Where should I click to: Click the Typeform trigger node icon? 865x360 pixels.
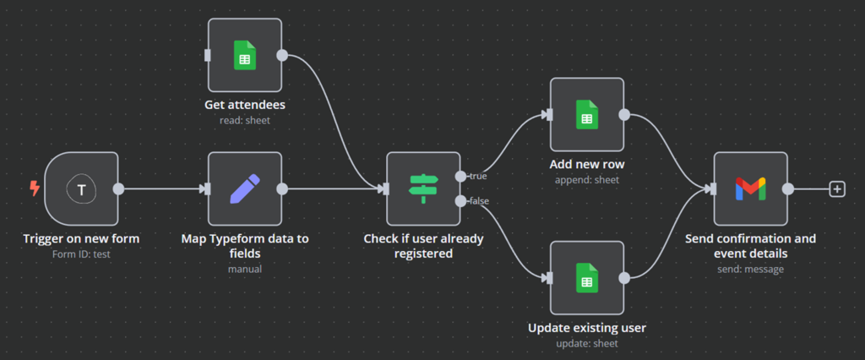click(x=81, y=189)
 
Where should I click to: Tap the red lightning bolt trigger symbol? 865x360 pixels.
click(x=35, y=188)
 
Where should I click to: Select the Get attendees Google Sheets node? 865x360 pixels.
click(x=244, y=56)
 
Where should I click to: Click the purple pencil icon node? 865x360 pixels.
click(x=244, y=189)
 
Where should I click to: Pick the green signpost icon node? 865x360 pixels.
click(x=423, y=189)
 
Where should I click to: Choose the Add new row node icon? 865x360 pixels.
click(x=587, y=115)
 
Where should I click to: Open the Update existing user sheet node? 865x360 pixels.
click(x=587, y=277)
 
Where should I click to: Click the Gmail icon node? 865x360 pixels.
click(x=750, y=189)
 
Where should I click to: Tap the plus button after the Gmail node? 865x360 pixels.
click(x=836, y=189)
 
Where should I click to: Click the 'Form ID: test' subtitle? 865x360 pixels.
click(x=81, y=254)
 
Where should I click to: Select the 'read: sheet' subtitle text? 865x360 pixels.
click(x=244, y=121)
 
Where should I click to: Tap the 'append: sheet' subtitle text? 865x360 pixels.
click(x=587, y=180)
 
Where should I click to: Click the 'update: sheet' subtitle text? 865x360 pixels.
click(x=587, y=343)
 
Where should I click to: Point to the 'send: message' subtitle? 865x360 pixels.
click(x=750, y=270)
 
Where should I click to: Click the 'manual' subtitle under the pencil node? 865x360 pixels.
click(x=244, y=270)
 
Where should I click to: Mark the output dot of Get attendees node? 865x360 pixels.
click(x=282, y=56)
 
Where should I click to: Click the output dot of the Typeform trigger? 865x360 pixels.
click(x=118, y=189)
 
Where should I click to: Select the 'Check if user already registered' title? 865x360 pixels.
click(x=423, y=246)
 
